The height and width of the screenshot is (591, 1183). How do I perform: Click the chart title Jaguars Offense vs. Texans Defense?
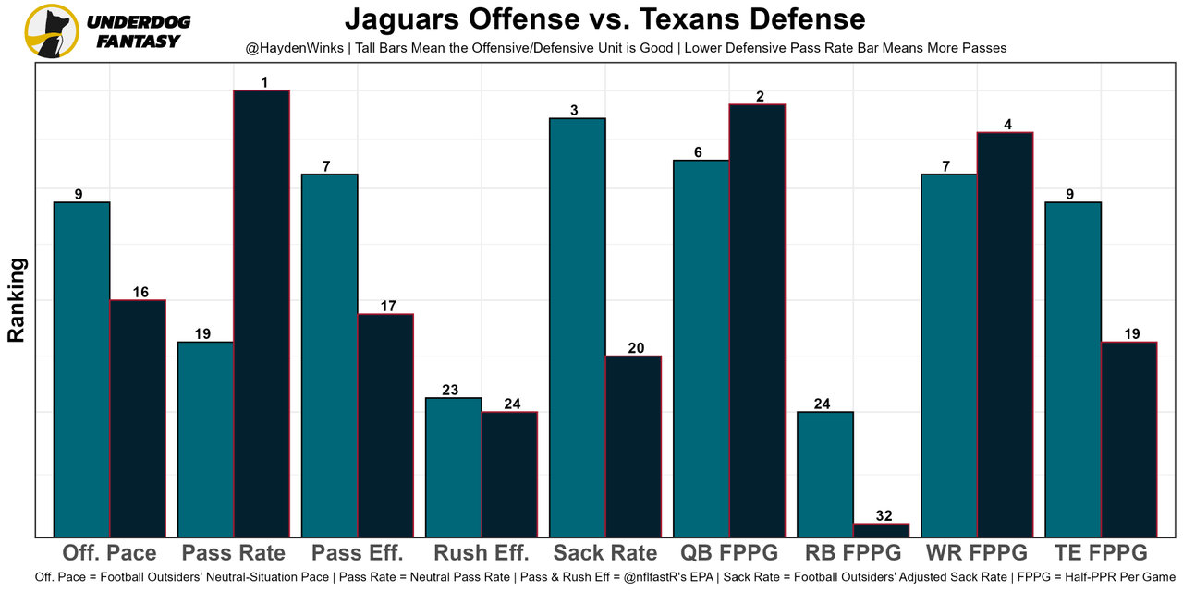click(x=604, y=19)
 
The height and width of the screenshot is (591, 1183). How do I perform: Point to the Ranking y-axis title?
click(x=17, y=300)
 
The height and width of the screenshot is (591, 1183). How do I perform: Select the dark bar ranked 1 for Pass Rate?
click(x=262, y=313)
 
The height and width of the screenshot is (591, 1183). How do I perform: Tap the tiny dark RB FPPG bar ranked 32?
click(x=881, y=530)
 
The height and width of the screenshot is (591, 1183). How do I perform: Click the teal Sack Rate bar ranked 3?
click(x=578, y=327)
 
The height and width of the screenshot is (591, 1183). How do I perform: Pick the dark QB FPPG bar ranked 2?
click(x=757, y=320)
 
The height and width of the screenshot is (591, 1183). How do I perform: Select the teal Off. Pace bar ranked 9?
click(x=82, y=369)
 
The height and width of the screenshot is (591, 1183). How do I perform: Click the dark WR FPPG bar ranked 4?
click(x=1005, y=334)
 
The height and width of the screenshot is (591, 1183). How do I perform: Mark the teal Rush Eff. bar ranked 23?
click(x=454, y=467)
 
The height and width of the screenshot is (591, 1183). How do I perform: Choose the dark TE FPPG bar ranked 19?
click(x=1128, y=440)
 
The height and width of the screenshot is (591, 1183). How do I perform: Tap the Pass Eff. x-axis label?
click(x=358, y=553)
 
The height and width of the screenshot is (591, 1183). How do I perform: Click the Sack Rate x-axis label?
click(x=605, y=553)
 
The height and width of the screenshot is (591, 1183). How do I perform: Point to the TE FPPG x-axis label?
click(x=1101, y=553)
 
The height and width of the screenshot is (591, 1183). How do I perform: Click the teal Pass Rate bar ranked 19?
click(x=206, y=439)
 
